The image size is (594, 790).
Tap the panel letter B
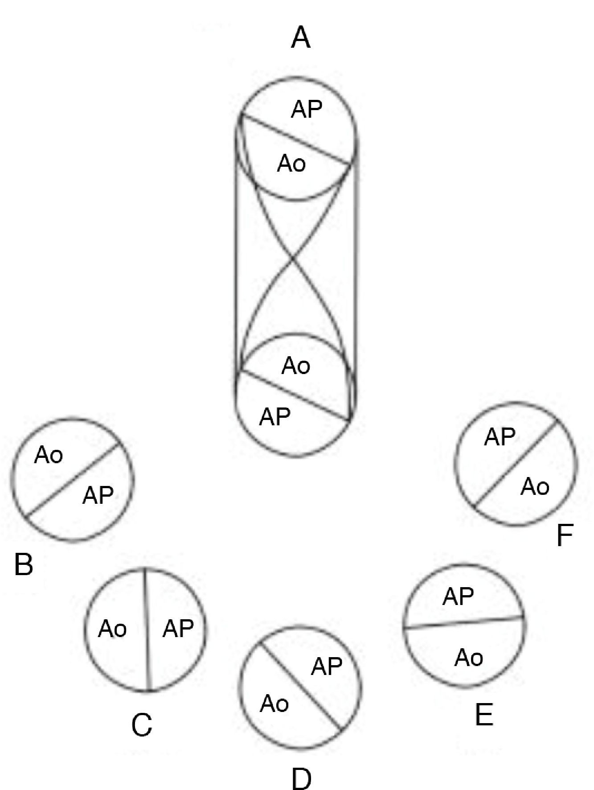[24, 564]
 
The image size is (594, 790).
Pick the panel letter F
[564, 536]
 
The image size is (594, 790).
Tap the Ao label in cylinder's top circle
[291, 164]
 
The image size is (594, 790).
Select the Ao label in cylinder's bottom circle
[296, 366]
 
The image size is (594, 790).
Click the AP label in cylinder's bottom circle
[275, 417]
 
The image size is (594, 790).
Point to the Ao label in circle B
[49, 456]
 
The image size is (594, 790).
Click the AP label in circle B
[98, 495]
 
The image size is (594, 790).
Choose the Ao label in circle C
[112, 629]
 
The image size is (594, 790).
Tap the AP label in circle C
[178, 629]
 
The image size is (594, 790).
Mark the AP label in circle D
[327, 667]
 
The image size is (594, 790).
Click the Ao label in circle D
[274, 704]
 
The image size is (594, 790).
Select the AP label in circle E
[458, 597]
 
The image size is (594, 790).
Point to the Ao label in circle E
[469, 658]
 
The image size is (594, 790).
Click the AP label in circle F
[500, 437]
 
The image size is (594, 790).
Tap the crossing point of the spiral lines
[292, 258]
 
